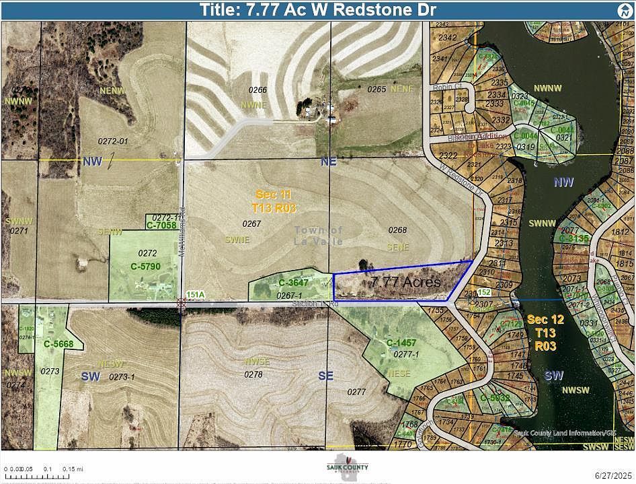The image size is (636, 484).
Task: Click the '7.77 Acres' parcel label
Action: pyautogui.click(x=406, y=282)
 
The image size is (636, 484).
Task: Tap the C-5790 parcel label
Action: pyautogui.click(x=145, y=267)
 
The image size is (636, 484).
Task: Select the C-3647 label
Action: pyautogui.click(x=293, y=283)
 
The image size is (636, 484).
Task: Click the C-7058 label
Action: pyautogui.click(x=162, y=225)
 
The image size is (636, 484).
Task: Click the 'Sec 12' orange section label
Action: pyautogui.click(x=542, y=319)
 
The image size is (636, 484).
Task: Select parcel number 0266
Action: pyautogui.click(x=257, y=90)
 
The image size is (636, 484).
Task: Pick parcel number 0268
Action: pyautogui.click(x=398, y=230)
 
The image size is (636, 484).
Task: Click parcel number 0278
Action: pyautogui.click(x=253, y=374)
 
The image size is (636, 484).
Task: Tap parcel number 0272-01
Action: pyautogui.click(x=112, y=141)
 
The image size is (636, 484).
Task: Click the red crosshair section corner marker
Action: pyautogui.click(x=181, y=303)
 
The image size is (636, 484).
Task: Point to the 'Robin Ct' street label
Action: pyautogui.click(x=444, y=88)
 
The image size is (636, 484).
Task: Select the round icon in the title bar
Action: pyautogui.click(x=623, y=10)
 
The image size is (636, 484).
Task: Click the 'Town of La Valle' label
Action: pyautogui.click(x=319, y=235)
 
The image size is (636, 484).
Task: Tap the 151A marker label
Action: pyautogui.click(x=195, y=294)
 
